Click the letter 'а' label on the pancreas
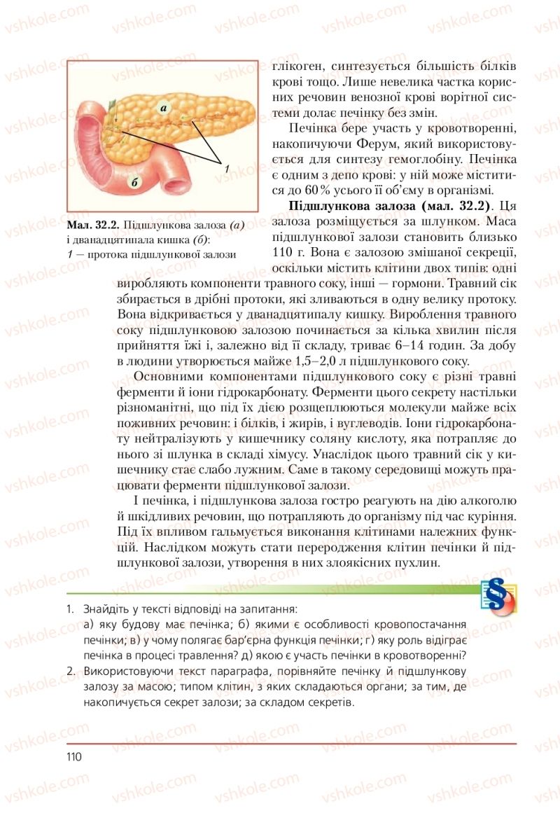[162, 109]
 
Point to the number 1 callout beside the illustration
[227, 168]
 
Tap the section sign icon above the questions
[498, 595]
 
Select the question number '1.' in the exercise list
[71, 609]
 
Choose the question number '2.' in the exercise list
[71, 672]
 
